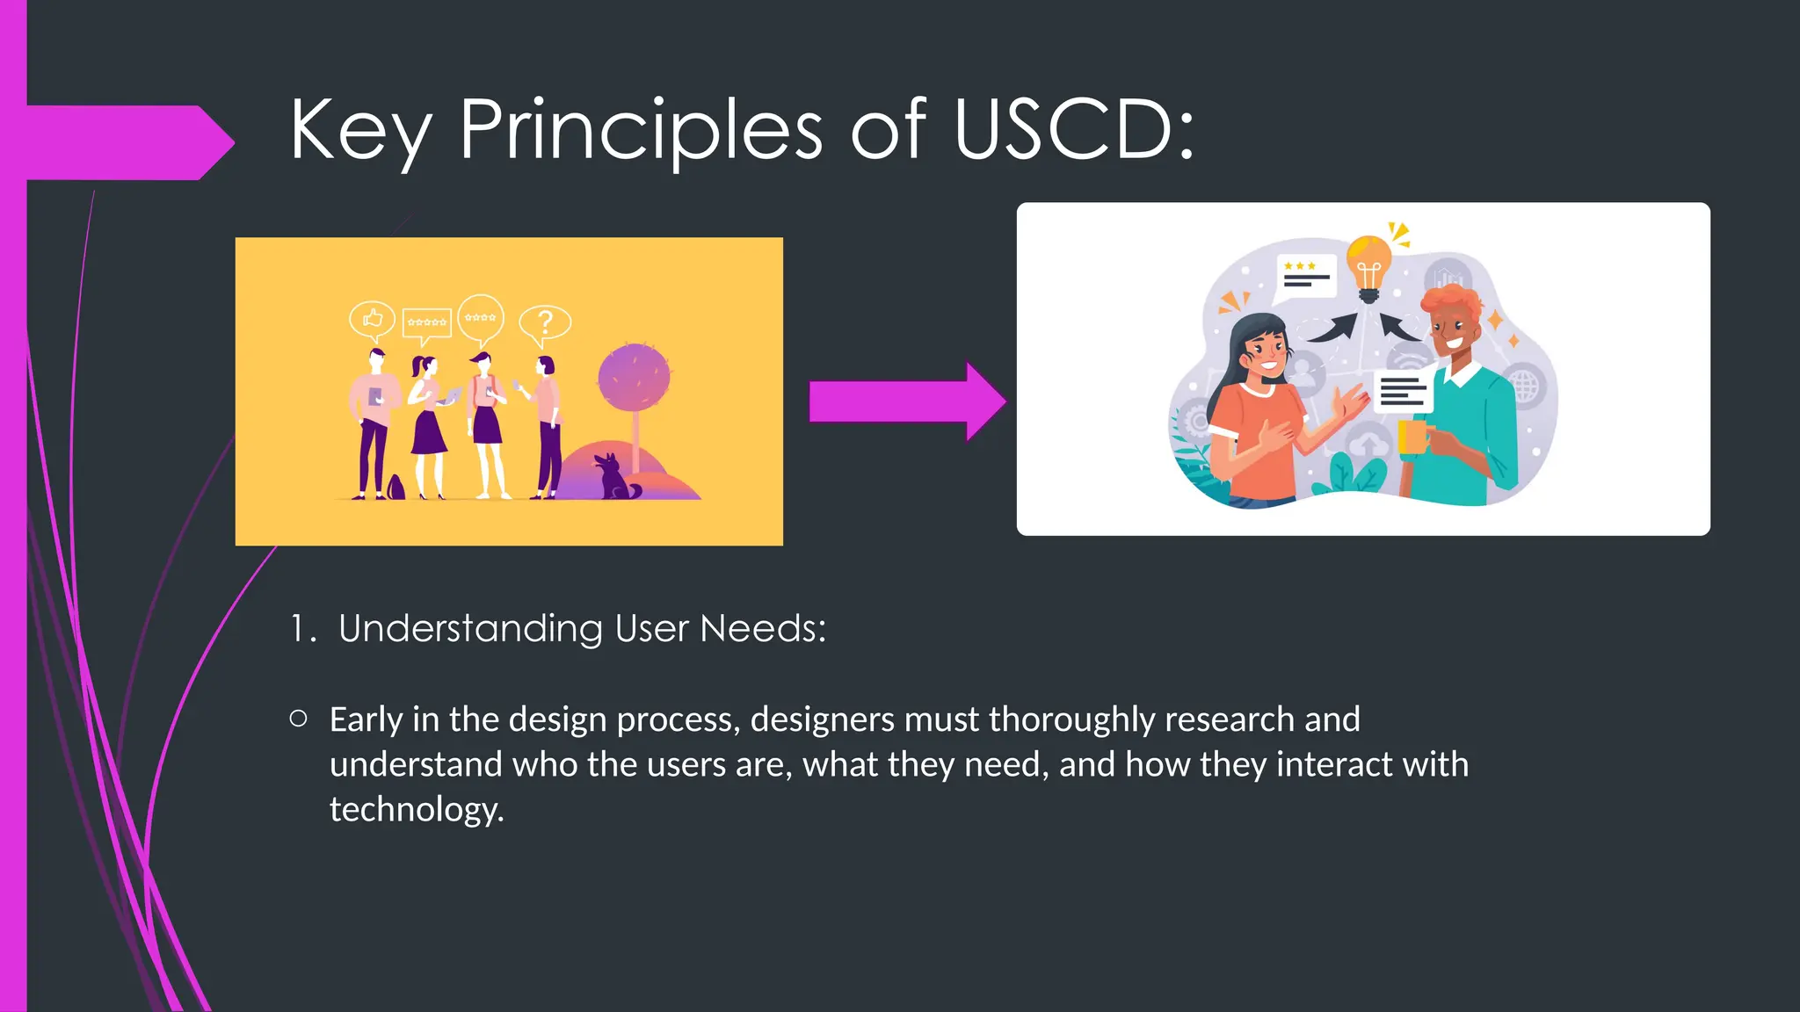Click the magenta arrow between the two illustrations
tap(905, 401)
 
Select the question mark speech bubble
tap(545, 323)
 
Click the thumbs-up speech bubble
tap(372, 318)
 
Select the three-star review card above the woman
tap(1306, 275)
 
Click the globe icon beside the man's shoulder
tap(1526, 385)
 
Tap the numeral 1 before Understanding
tap(299, 629)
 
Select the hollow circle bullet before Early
tap(299, 719)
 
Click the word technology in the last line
tap(415, 809)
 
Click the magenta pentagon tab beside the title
tap(123, 142)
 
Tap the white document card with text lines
tap(1403, 391)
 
